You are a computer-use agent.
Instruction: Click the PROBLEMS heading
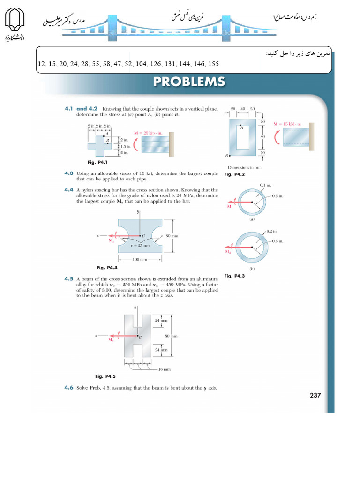189,82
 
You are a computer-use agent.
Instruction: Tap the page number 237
315,396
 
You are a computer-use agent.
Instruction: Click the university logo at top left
14,23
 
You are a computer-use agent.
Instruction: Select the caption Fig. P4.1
97,162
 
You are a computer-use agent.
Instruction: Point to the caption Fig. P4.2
235,174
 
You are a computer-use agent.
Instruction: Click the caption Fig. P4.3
235,276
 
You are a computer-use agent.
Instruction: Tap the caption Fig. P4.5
105,376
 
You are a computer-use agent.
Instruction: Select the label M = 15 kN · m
287,124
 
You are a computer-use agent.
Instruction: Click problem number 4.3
69,173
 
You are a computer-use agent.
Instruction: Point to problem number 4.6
69,388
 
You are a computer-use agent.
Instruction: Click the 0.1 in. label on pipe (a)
266,186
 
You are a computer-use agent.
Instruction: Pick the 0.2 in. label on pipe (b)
271,231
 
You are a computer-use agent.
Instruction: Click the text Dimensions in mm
244,167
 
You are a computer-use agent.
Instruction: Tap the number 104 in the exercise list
141,64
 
